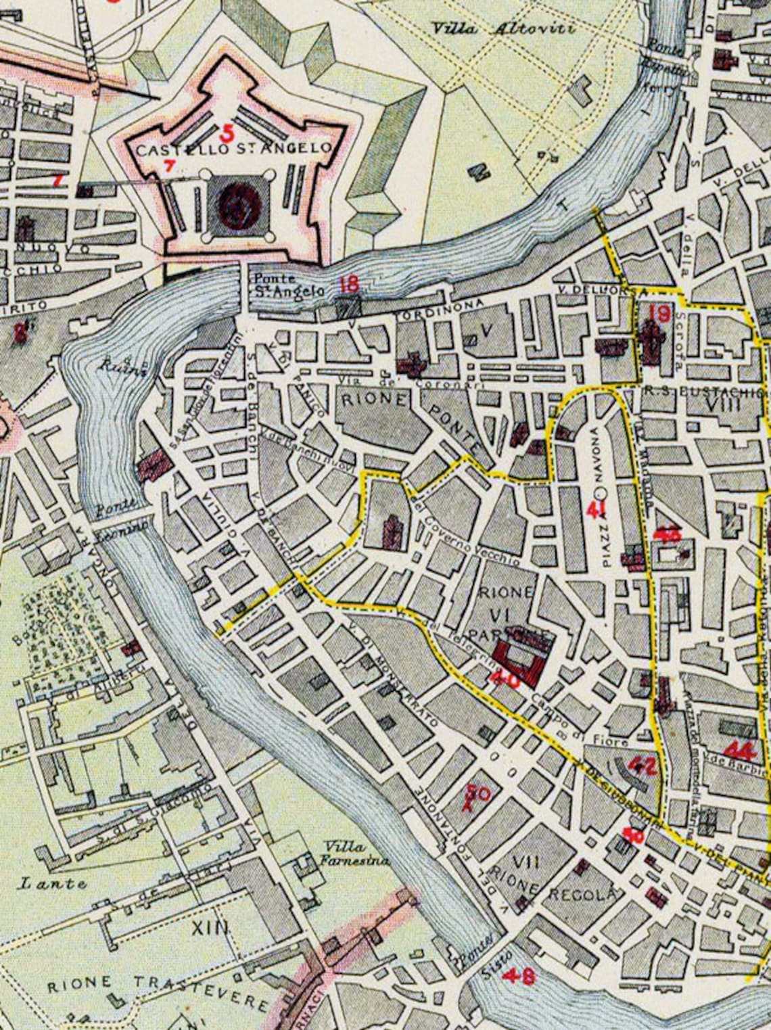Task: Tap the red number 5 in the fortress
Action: click(x=228, y=132)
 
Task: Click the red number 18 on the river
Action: click(x=348, y=283)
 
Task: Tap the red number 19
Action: click(x=658, y=313)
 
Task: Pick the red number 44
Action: click(x=738, y=749)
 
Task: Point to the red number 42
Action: click(x=642, y=765)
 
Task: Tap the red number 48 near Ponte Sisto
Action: click(x=524, y=976)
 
